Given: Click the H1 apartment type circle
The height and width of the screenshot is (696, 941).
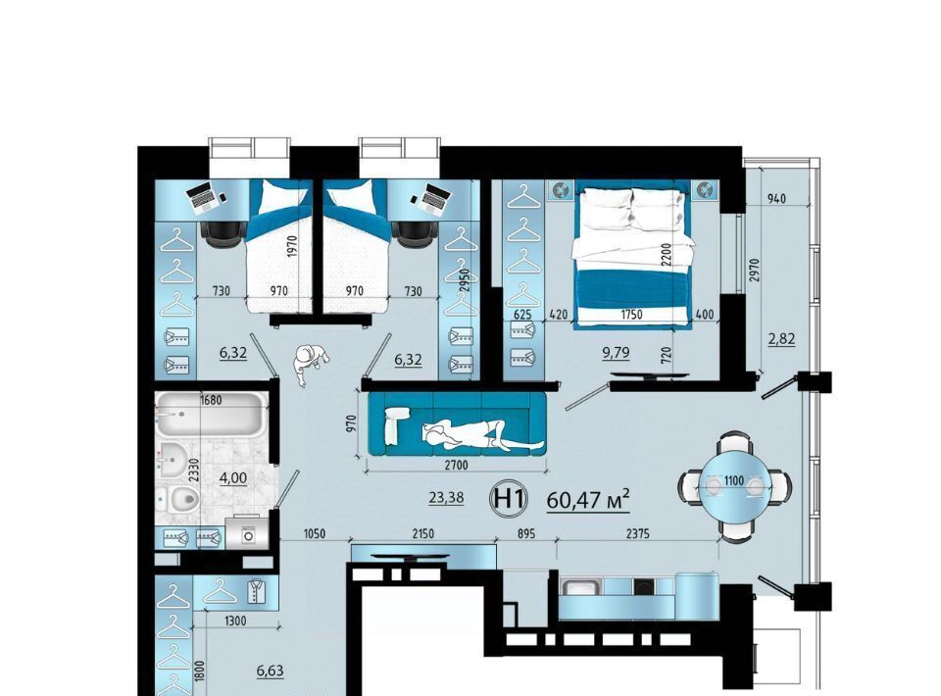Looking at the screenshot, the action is (509, 499).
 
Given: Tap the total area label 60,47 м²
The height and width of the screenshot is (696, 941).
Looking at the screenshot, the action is (588, 499).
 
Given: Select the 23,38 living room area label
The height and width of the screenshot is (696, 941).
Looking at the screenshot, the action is (447, 497).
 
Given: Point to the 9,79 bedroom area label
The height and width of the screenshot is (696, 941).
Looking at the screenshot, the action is (616, 352).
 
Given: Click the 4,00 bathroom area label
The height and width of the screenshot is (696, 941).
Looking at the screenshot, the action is (233, 477).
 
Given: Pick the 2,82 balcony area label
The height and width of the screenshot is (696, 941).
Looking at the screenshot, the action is (781, 339).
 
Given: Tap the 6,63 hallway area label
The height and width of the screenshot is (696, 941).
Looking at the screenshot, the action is (271, 671).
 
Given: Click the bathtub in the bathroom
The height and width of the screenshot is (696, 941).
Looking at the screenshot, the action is (212, 414).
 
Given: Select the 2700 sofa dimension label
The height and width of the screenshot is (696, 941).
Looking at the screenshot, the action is (456, 465).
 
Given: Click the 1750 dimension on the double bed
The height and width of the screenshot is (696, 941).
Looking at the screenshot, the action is (631, 315).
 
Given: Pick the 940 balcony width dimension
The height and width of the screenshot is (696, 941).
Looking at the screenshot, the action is (776, 199).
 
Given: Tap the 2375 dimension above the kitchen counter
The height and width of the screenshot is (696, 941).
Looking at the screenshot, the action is (637, 533).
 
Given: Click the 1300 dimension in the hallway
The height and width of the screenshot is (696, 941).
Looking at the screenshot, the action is (234, 621).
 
